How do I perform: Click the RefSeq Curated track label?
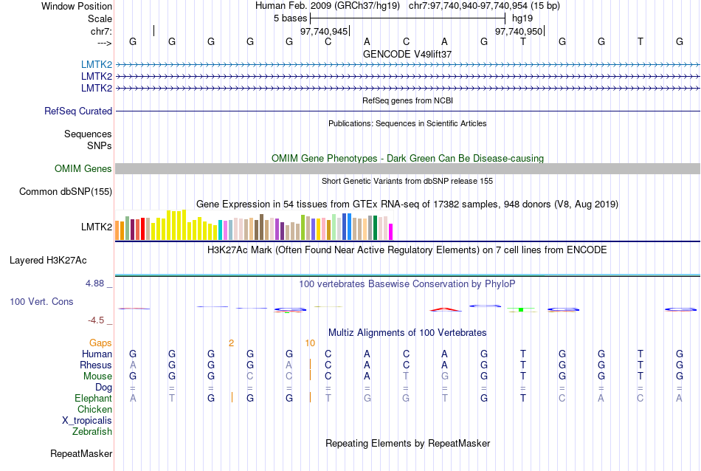78,111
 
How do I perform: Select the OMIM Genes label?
83,168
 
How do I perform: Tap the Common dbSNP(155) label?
66,191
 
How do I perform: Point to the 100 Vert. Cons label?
42,301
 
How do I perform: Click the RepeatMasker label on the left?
81,453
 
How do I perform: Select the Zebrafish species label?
92,431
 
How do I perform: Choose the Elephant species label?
93,398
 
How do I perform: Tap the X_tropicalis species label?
87,420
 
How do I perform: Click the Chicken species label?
95,409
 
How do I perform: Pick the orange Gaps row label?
100,343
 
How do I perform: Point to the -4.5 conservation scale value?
97,320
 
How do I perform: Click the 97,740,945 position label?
324,31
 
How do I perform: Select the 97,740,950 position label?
519,31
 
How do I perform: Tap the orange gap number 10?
310,343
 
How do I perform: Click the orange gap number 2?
231,343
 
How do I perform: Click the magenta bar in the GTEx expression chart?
391,231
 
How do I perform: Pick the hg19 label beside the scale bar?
522,17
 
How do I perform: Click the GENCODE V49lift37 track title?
407,54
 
